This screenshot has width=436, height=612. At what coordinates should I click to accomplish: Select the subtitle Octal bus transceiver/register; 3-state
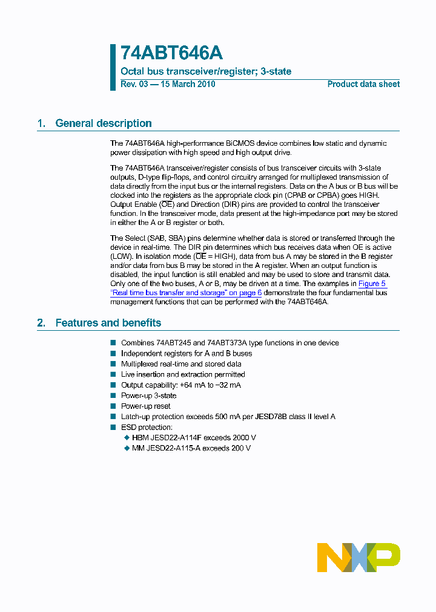(x=206, y=71)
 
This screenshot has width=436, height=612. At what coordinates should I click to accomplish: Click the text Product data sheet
(x=363, y=84)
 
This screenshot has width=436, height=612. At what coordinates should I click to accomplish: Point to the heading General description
(x=104, y=123)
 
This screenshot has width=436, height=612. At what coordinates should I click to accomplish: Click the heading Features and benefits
(x=108, y=323)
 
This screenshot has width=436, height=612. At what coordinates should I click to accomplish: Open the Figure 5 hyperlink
(x=372, y=284)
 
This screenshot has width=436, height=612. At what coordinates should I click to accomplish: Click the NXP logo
(x=358, y=557)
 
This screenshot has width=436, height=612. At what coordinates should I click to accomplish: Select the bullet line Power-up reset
(x=146, y=406)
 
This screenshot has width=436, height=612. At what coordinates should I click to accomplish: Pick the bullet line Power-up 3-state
(x=149, y=396)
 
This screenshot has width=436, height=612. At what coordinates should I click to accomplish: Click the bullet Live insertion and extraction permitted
(x=183, y=374)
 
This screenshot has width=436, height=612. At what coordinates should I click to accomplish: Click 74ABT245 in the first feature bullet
(x=174, y=343)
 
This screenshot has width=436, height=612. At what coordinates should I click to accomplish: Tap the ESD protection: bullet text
(x=147, y=428)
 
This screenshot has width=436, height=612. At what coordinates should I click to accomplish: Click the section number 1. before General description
(x=41, y=123)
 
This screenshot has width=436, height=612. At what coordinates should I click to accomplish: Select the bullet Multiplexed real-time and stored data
(x=181, y=364)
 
